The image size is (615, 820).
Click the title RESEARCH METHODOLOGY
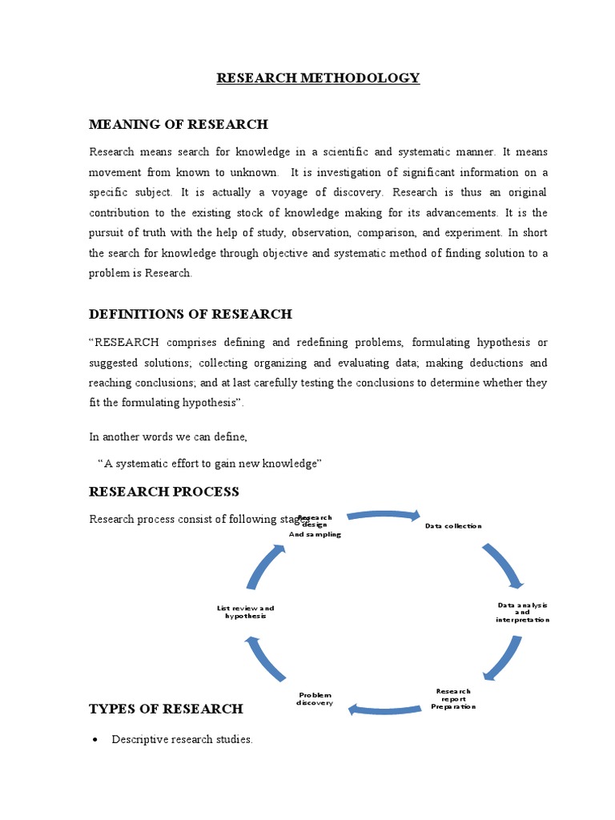click(319, 78)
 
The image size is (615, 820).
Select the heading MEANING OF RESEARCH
click(178, 124)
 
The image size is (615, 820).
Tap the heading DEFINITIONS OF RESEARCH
click(190, 314)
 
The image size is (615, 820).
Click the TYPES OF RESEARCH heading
click(165, 709)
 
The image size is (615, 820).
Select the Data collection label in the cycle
click(453, 526)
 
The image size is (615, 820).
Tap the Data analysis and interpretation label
click(523, 613)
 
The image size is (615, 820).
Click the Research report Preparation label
click(453, 698)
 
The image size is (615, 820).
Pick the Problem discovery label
click(315, 698)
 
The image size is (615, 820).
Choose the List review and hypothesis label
click(245, 613)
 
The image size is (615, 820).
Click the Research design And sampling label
click(315, 526)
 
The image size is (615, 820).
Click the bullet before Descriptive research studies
click(94, 740)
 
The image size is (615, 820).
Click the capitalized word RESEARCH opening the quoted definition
click(127, 342)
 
